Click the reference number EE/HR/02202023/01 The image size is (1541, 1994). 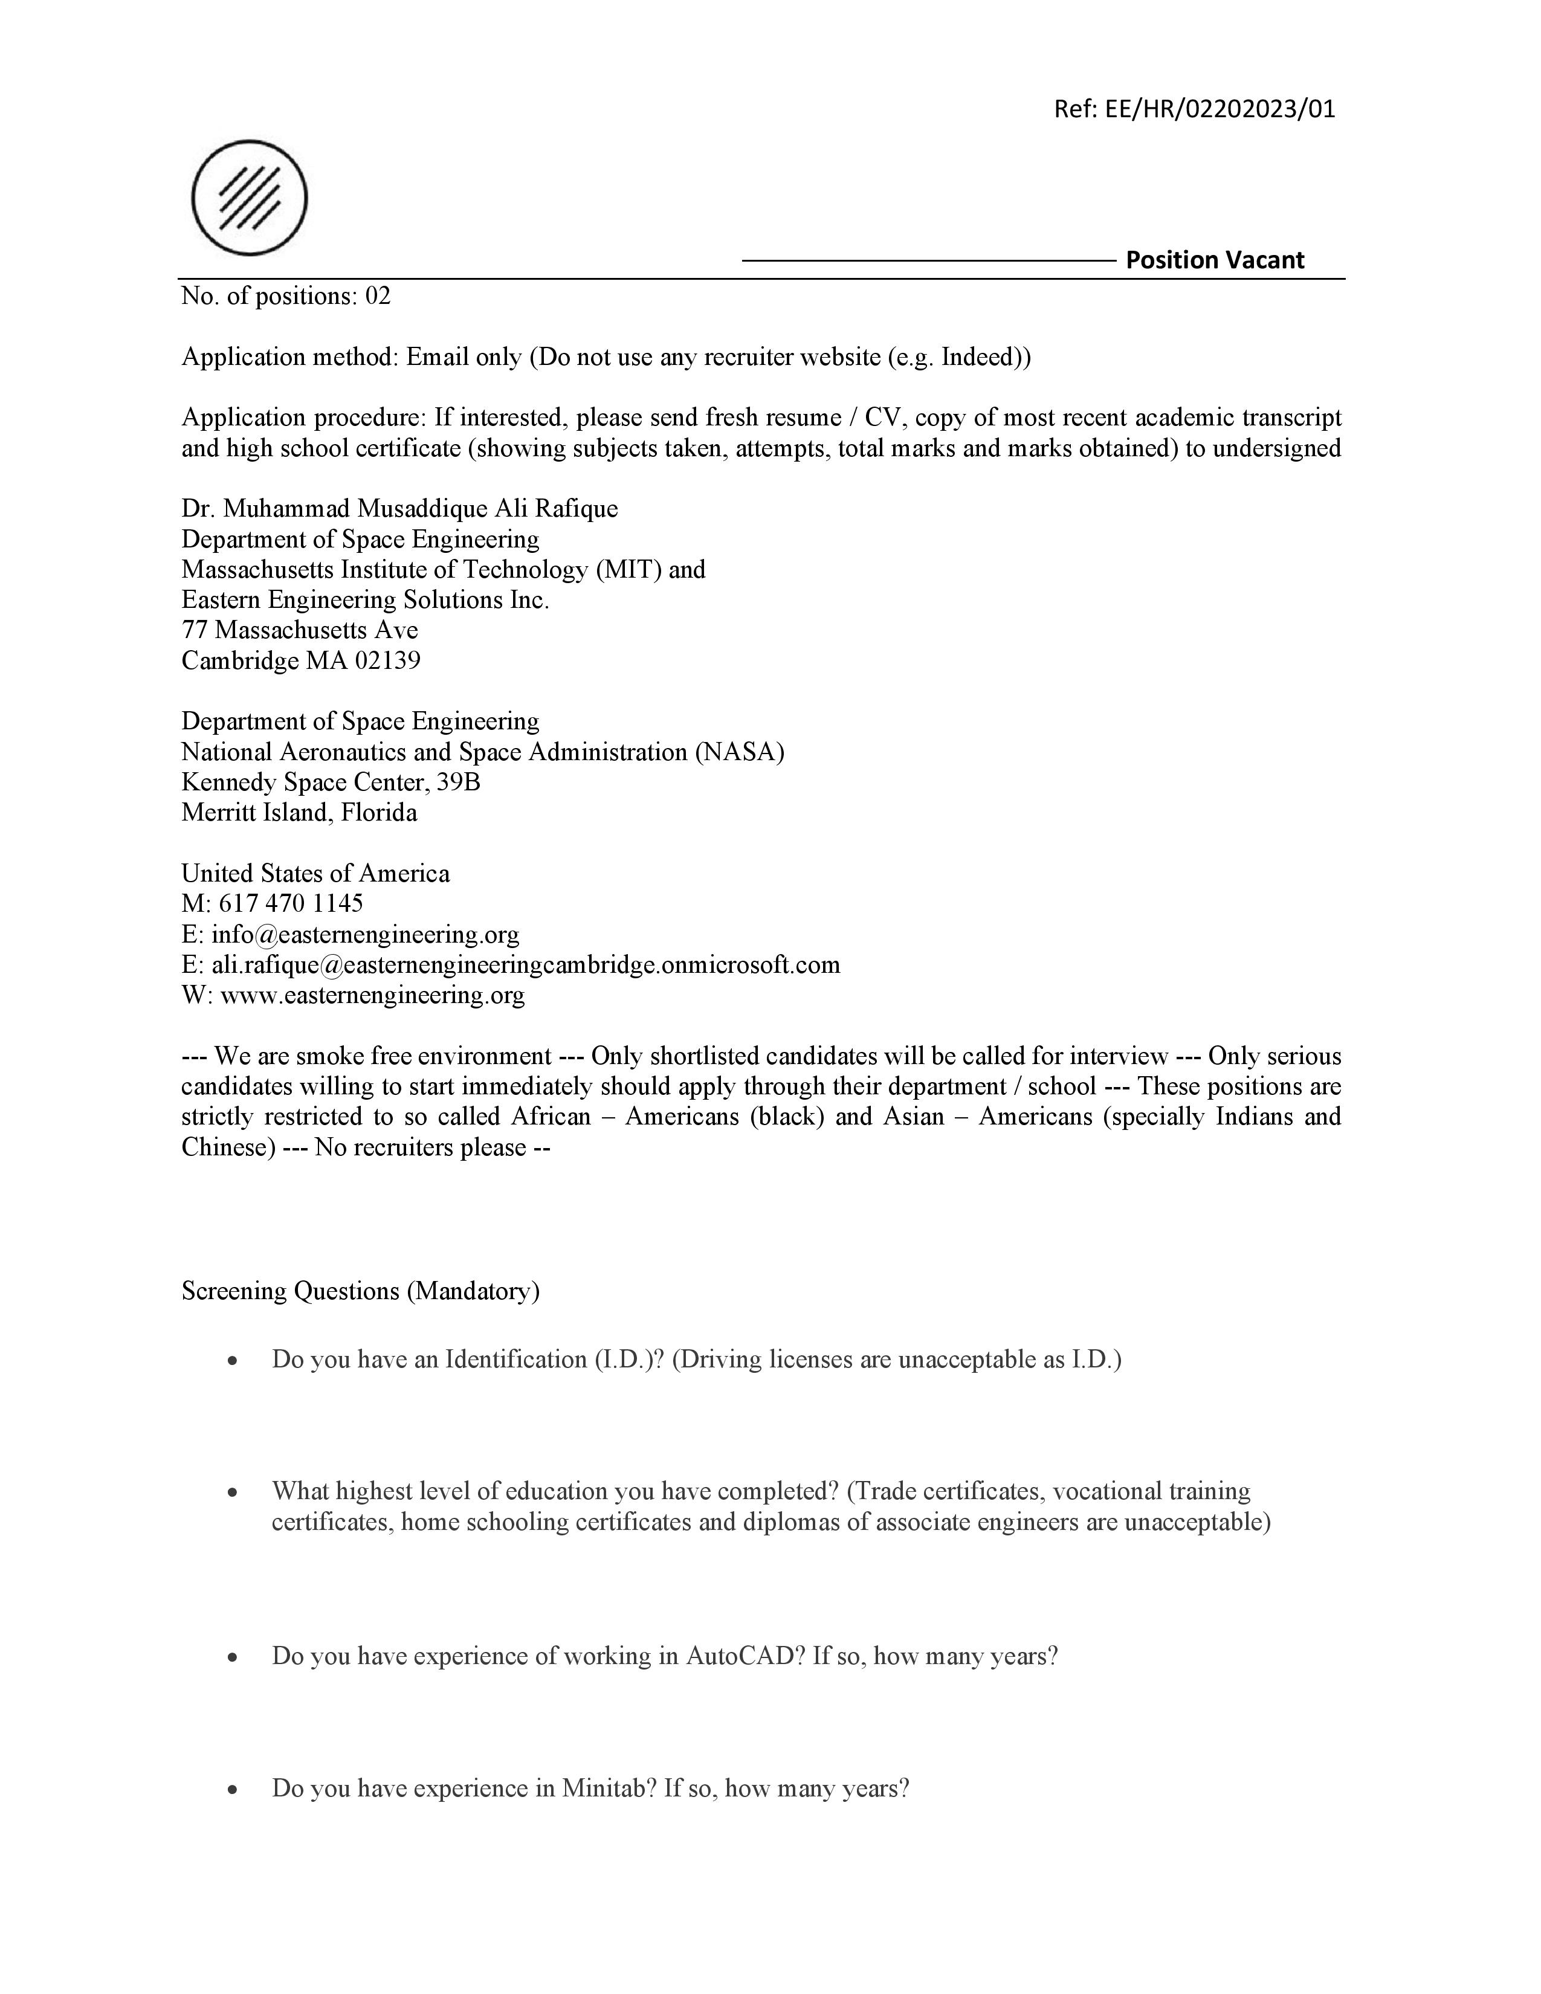tap(1220, 109)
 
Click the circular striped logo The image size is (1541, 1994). tap(249, 198)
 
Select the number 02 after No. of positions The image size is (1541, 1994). tap(378, 296)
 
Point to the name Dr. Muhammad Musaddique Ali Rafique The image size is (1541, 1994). tap(399, 509)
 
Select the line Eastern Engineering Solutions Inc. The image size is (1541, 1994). tap(365, 600)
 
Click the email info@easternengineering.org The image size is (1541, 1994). tap(365, 935)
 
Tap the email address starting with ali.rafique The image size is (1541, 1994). tap(526, 965)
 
